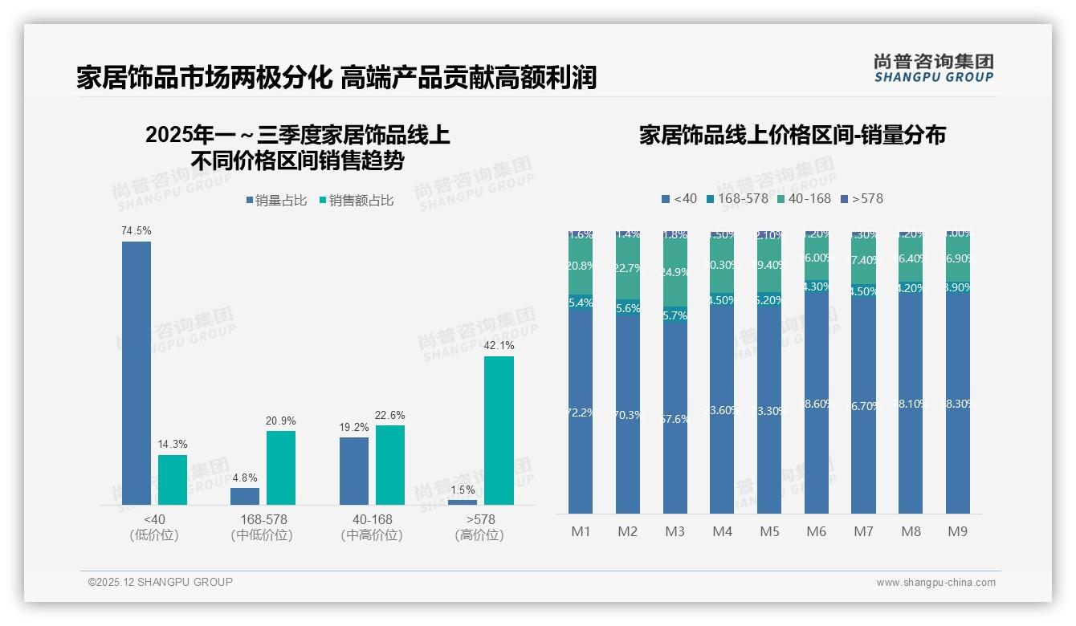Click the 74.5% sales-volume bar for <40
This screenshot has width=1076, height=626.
click(x=137, y=372)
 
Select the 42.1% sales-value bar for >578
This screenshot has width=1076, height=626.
click(x=499, y=430)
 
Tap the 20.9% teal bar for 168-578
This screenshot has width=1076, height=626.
click(x=281, y=467)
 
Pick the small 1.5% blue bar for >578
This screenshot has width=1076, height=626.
click(x=463, y=502)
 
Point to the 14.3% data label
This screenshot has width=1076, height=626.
click(x=173, y=445)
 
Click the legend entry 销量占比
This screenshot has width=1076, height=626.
click(x=276, y=201)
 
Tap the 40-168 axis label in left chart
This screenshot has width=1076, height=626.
click(x=372, y=519)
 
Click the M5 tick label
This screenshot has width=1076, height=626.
click(x=769, y=531)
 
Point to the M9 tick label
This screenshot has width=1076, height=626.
click(x=958, y=531)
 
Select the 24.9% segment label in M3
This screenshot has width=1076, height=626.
click(x=675, y=272)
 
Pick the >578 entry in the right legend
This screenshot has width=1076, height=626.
click(x=862, y=198)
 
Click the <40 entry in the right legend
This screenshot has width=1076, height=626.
click(x=679, y=198)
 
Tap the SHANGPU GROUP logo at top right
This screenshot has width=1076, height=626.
click(x=933, y=68)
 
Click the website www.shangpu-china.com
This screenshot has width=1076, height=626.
click(x=935, y=583)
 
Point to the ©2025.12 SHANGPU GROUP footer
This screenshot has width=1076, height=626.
click(x=161, y=582)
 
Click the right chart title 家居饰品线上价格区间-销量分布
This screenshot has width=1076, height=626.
click(x=792, y=135)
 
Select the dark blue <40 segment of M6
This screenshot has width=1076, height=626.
click(x=817, y=401)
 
